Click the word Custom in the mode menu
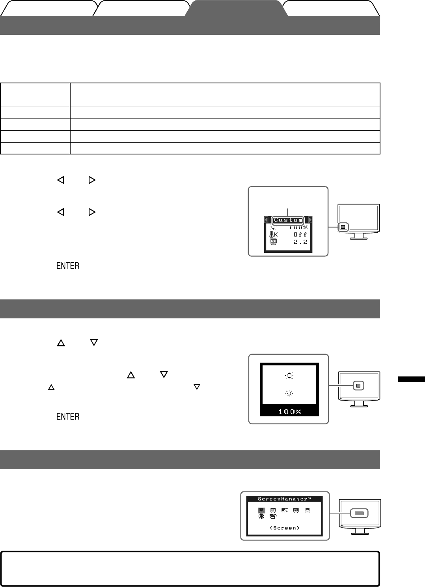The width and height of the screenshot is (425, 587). (288, 220)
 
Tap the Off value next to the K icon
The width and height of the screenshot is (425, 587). (300, 235)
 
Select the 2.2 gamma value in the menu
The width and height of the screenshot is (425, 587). (300, 242)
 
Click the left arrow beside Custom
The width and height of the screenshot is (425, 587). (266, 220)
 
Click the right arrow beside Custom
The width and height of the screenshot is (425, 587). (310, 220)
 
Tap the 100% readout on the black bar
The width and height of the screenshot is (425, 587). (290, 412)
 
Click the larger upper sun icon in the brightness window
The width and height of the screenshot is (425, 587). (290, 376)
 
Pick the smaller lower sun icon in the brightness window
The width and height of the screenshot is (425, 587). (290, 393)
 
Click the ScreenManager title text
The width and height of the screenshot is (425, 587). (284, 499)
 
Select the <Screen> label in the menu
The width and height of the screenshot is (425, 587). (284, 528)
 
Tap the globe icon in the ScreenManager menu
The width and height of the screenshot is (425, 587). (261, 516)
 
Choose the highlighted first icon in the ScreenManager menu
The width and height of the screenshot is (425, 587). (261, 510)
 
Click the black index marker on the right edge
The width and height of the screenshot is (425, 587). (411, 380)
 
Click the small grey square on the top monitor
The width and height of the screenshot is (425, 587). (343, 227)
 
